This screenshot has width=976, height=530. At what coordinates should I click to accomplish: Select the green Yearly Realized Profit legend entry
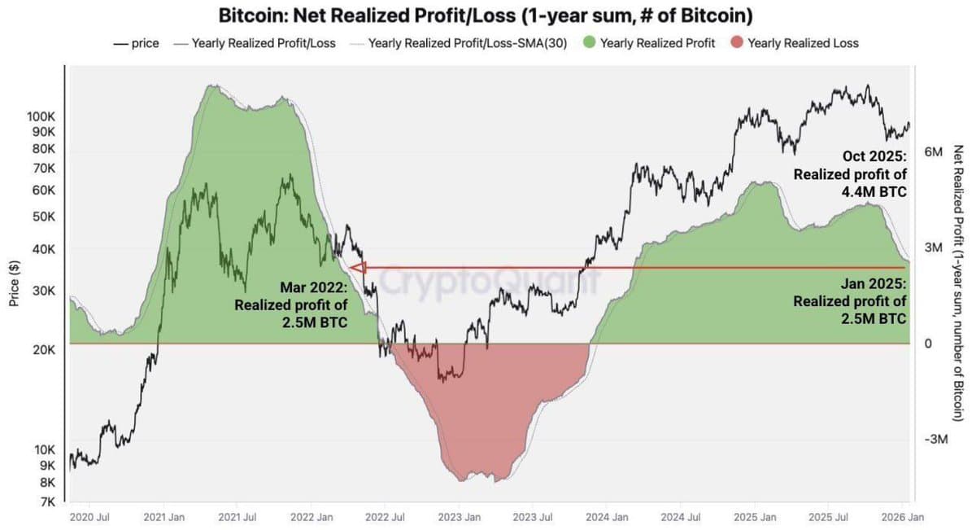point(648,43)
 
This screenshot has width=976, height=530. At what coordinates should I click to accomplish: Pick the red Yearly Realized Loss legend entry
point(793,43)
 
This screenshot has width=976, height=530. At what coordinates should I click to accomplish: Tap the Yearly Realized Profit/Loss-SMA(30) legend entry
point(460,43)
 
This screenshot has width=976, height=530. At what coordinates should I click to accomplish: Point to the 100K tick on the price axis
point(41,116)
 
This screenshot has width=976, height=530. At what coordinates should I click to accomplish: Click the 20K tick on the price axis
point(43,350)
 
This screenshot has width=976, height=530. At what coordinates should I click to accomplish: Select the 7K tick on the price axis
point(46,502)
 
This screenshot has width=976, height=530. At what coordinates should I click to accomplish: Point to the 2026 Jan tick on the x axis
point(902,517)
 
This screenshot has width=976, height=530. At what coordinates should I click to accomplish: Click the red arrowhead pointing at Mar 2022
point(355,266)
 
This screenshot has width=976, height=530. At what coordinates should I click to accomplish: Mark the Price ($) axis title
point(14,278)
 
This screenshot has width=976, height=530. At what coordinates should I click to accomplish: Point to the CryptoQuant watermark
point(488,283)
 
